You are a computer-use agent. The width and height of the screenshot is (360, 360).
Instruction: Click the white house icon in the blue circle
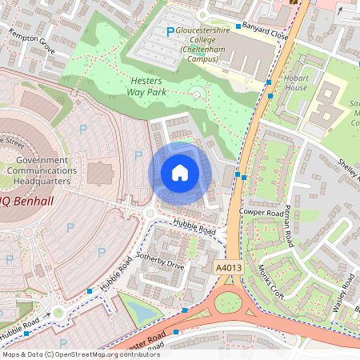[x=180, y=173]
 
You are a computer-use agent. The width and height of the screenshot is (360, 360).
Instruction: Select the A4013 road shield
[x=228, y=266]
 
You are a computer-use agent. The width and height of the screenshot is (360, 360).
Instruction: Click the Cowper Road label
[x=262, y=212]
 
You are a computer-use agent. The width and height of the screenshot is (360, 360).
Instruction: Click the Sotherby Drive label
[x=162, y=260]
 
